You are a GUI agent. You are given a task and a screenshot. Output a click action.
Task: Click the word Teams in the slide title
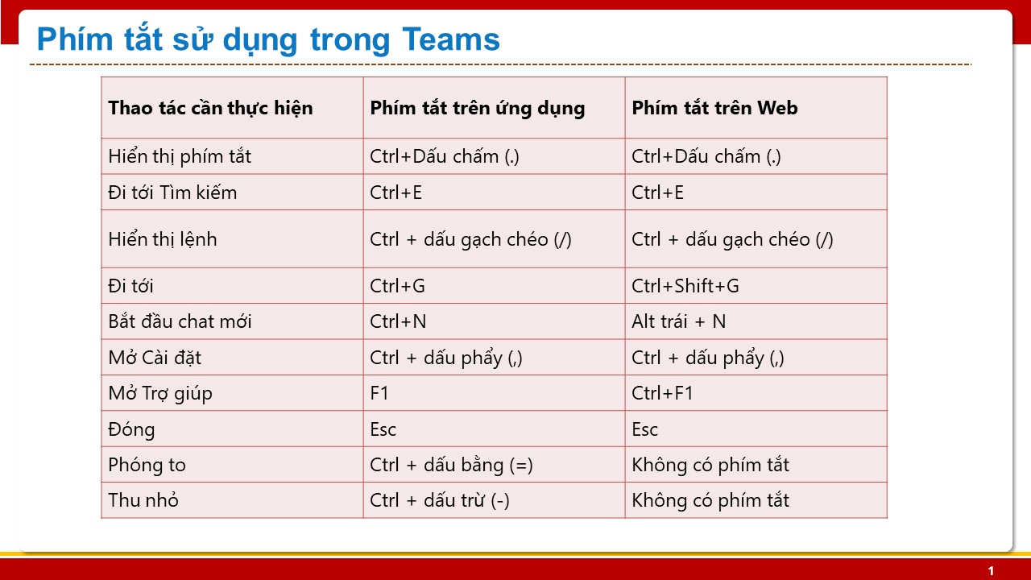point(450,39)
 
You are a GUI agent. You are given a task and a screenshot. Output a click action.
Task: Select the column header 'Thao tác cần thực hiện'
point(210,108)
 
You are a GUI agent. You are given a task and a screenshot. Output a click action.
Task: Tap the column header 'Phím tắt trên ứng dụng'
point(478,108)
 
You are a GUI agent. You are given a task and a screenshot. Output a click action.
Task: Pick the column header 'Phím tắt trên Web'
point(714,108)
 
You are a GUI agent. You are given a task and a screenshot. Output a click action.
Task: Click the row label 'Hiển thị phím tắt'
point(180,156)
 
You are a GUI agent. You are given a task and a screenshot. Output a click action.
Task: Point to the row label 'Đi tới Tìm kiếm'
point(172,193)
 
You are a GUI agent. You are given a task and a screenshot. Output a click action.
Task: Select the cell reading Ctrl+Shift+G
point(685,286)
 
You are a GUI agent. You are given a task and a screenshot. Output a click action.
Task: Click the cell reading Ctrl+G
point(397,286)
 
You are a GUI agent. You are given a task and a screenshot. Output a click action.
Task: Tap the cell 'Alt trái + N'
point(678,321)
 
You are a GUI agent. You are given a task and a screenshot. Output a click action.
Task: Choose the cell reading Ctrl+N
point(398,321)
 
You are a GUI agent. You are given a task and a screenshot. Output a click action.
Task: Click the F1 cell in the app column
point(379,393)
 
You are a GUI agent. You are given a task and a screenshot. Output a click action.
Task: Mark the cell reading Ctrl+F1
point(662,393)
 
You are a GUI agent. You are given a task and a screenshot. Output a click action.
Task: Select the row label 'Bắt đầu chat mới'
point(180,321)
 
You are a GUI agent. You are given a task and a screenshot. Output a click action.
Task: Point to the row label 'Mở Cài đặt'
point(155,358)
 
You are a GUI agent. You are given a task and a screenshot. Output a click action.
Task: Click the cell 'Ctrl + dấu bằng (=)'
point(451,465)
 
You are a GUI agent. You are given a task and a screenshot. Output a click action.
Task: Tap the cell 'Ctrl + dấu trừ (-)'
point(440,500)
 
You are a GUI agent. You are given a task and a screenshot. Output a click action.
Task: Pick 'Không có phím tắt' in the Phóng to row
point(710,465)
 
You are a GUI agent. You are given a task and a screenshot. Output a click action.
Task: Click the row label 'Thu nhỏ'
point(143,500)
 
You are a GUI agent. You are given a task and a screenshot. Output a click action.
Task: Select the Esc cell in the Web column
point(644,429)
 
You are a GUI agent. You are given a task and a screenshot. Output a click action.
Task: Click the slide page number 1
point(991,571)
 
